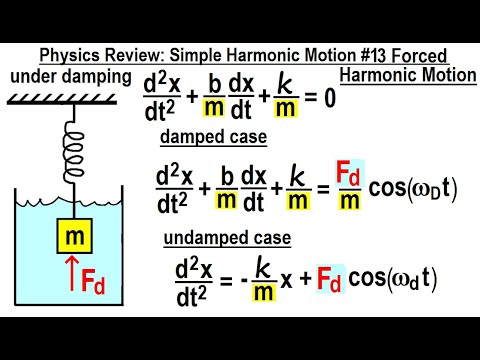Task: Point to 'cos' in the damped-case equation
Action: (x=381, y=188)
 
